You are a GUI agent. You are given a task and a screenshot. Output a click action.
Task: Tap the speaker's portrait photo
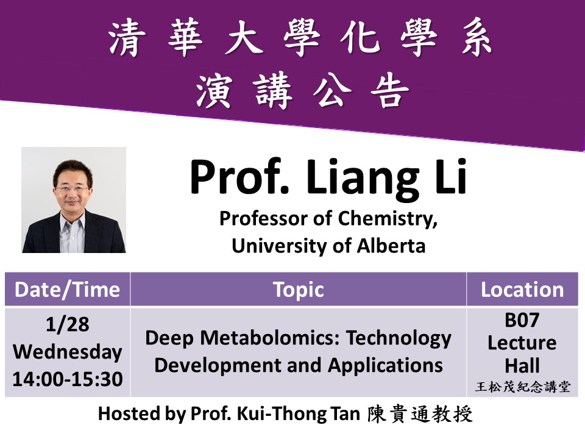(x=74, y=200)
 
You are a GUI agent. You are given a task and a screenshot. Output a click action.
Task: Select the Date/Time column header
(x=67, y=290)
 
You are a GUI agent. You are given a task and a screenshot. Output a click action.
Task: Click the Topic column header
(x=298, y=290)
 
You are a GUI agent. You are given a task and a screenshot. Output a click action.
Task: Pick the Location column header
(x=522, y=290)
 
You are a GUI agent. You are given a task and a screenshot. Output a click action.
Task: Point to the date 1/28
(x=67, y=325)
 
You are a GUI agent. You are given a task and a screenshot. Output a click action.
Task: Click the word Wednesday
(x=67, y=352)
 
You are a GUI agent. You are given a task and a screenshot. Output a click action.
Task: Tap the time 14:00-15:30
(x=67, y=379)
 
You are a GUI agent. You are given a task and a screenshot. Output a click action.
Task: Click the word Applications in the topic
(x=385, y=365)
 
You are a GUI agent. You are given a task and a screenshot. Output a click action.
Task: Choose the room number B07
(x=522, y=320)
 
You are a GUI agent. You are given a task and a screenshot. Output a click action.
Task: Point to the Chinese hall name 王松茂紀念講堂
(x=522, y=386)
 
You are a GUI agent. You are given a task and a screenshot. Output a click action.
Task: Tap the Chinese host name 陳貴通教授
(x=420, y=415)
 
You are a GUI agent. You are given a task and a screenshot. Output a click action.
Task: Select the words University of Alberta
(x=328, y=246)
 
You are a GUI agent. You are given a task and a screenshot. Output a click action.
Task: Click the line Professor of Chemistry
(x=328, y=219)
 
